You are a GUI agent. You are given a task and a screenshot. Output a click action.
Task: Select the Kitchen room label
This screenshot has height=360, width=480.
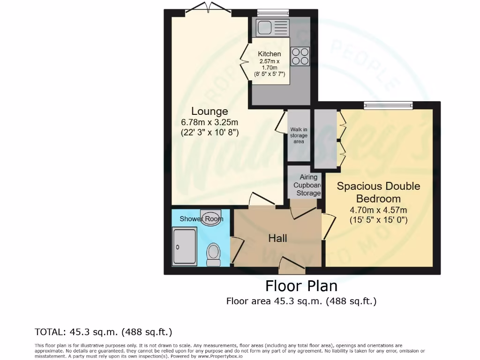(x=270, y=54)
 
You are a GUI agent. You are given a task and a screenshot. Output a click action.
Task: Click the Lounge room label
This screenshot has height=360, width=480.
(x=210, y=111)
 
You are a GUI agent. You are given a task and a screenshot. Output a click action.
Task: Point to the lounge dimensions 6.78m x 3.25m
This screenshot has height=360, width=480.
(x=210, y=122)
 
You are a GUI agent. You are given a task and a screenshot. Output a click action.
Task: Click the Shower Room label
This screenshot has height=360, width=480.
(x=201, y=219)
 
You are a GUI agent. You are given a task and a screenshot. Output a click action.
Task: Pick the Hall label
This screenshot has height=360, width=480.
(x=277, y=238)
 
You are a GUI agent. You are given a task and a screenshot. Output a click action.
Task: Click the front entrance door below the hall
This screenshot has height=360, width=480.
(x=292, y=270)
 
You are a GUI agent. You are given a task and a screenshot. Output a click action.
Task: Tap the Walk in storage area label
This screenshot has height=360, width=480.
(x=299, y=135)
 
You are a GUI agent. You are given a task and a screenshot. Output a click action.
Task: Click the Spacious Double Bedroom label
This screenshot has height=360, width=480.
(x=379, y=192)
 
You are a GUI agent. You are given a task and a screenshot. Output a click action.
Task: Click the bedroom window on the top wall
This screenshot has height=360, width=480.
(x=389, y=105)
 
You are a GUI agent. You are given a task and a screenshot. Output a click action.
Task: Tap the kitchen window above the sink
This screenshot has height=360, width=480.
(x=273, y=13)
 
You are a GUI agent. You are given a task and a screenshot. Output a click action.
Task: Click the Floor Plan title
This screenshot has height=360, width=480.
(x=301, y=285)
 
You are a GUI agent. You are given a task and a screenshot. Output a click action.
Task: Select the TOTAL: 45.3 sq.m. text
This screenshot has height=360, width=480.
(x=104, y=332)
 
